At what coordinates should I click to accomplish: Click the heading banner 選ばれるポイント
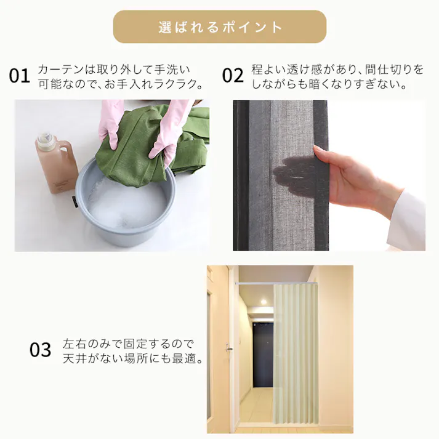(x=219, y=27)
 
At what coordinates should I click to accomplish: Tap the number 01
(x=19, y=76)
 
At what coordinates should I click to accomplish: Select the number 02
(x=233, y=76)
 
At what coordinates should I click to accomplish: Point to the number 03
(x=41, y=350)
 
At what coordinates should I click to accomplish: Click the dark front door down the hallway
(x=263, y=354)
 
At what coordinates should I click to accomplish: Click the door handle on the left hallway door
(x=229, y=348)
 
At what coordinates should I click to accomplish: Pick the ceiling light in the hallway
(x=264, y=302)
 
